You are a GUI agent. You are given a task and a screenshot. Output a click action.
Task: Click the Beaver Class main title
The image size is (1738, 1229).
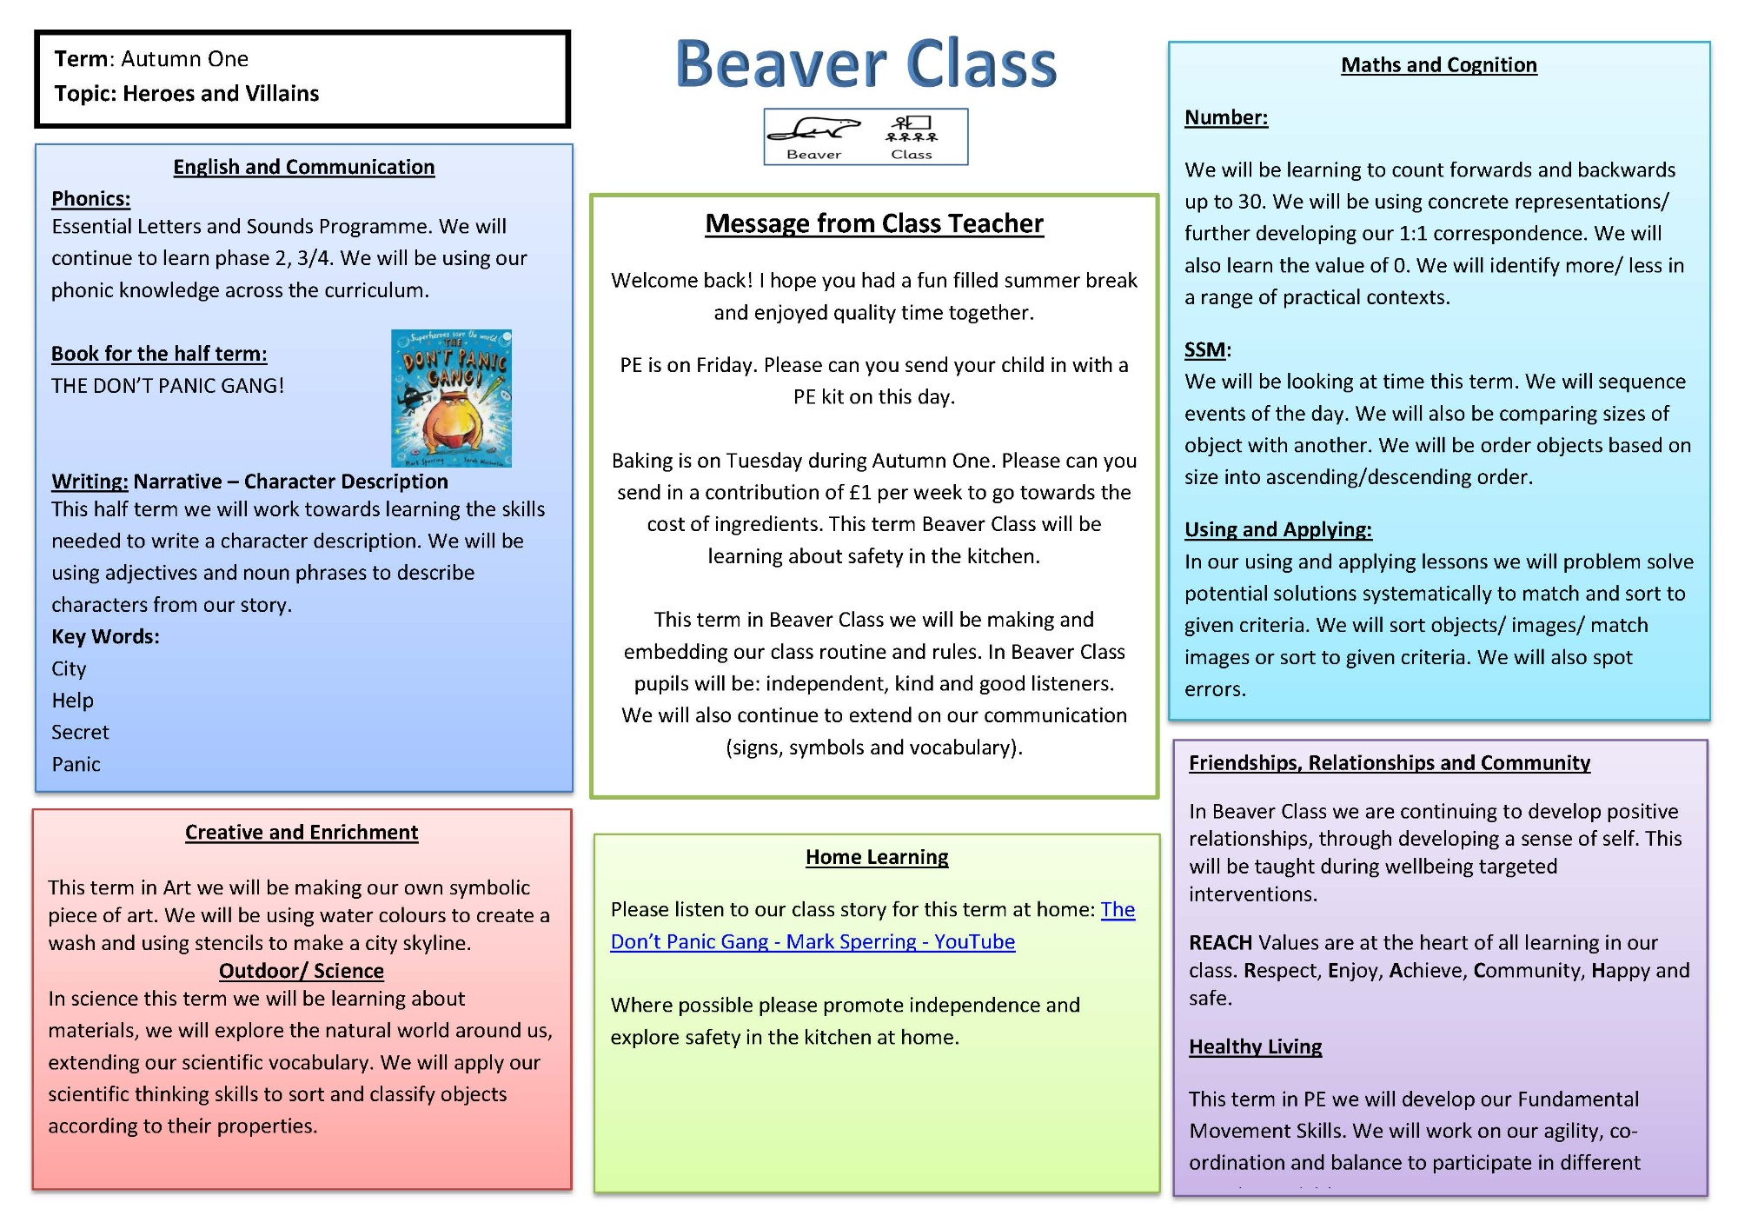(x=866, y=64)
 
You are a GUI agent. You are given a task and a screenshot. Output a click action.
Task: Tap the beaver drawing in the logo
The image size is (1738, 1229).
(x=814, y=130)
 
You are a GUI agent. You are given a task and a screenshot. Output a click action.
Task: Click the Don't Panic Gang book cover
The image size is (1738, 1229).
(x=451, y=398)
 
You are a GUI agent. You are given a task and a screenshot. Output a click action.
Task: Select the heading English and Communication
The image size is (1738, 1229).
(x=304, y=167)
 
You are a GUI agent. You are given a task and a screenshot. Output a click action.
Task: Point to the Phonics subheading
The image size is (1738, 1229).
(x=90, y=199)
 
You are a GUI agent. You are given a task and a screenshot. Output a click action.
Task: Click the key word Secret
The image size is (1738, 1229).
(x=80, y=733)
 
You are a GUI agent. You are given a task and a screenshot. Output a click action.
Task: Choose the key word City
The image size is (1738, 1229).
(x=69, y=669)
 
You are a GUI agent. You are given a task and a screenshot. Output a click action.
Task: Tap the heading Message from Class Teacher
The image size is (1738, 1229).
(x=874, y=224)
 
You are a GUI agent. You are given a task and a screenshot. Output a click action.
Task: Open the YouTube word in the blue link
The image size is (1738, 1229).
(x=974, y=942)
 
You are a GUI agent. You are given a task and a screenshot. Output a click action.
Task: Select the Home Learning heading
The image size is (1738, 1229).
(x=877, y=858)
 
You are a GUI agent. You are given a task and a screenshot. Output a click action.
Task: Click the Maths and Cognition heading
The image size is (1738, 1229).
(x=1439, y=65)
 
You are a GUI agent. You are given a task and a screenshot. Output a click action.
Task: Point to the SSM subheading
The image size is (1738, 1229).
(x=1205, y=350)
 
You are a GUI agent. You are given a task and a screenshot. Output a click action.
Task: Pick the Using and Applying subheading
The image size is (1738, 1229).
(x=1278, y=530)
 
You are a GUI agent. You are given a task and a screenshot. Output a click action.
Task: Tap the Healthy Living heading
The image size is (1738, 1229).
(x=1256, y=1047)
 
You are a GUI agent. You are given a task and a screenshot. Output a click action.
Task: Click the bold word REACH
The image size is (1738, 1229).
(x=1220, y=943)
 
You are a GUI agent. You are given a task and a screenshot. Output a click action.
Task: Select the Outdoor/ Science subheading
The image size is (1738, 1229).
(x=302, y=972)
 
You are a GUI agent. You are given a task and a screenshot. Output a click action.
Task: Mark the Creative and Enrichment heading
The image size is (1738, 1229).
(x=302, y=833)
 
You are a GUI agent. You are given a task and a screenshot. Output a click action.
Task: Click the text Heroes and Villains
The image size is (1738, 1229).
(x=221, y=94)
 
